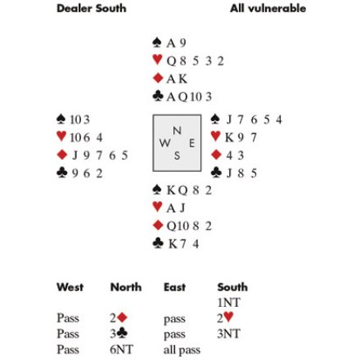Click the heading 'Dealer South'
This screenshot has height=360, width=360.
[x=92, y=8]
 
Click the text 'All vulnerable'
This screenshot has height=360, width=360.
[x=268, y=8]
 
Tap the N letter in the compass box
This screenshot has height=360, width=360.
[x=177, y=131]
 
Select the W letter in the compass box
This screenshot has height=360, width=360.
[x=165, y=142]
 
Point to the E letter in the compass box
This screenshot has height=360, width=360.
[x=192, y=143]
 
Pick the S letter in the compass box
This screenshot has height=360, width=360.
[x=177, y=155]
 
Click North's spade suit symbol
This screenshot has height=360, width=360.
[x=157, y=43]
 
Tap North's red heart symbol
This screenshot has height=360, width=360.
[x=157, y=60]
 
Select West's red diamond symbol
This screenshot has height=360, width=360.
[x=62, y=155]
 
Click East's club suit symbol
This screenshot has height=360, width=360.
[x=217, y=173]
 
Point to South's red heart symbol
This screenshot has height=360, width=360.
[x=157, y=207]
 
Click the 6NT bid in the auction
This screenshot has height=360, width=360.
[x=121, y=349]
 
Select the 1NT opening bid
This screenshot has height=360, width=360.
[x=228, y=303]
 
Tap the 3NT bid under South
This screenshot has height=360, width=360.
[x=228, y=334]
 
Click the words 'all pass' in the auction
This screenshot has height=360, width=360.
[x=182, y=350]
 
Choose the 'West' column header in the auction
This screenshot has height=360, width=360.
[x=70, y=287]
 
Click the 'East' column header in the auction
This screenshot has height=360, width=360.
[x=174, y=287]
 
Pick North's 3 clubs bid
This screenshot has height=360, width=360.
[x=119, y=334]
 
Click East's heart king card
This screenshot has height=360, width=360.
[x=230, y=137]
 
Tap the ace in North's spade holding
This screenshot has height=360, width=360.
[x=171, y=43]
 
